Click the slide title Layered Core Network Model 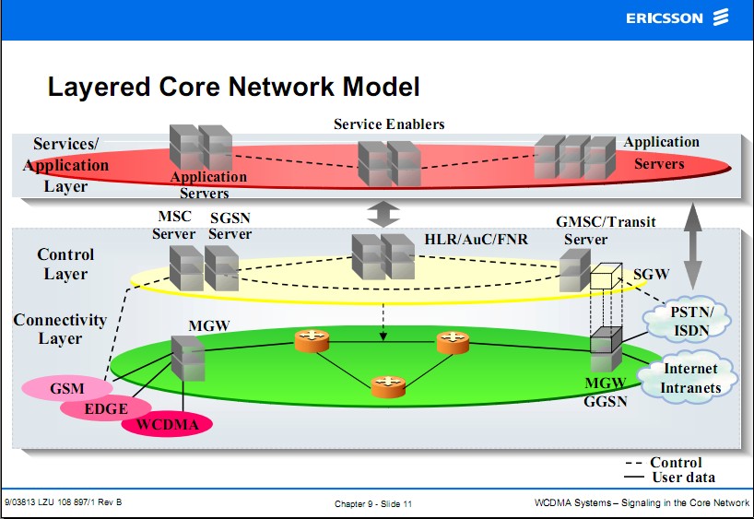[233, 88]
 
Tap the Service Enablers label [389, 124]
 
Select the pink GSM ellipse [66, 388]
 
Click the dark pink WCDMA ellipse [167, 425]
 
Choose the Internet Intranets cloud [690, 378]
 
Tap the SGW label [648, 274]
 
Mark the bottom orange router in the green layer [388, 386]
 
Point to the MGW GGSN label [605, 391]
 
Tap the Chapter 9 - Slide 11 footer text [373, 503]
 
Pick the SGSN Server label [230, 226]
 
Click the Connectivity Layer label [60, 329]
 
